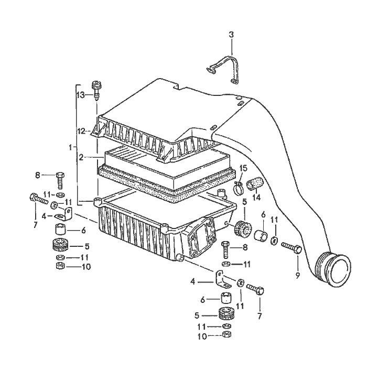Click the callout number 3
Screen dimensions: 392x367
231,35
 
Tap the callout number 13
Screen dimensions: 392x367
80,95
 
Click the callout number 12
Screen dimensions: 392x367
81,130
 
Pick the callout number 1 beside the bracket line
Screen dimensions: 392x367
70,148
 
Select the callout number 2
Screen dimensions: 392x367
81,157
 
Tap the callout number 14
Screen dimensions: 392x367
257,198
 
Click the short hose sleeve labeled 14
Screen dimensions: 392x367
255,184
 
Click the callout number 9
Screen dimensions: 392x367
297,275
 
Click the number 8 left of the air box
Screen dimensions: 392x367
38,175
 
